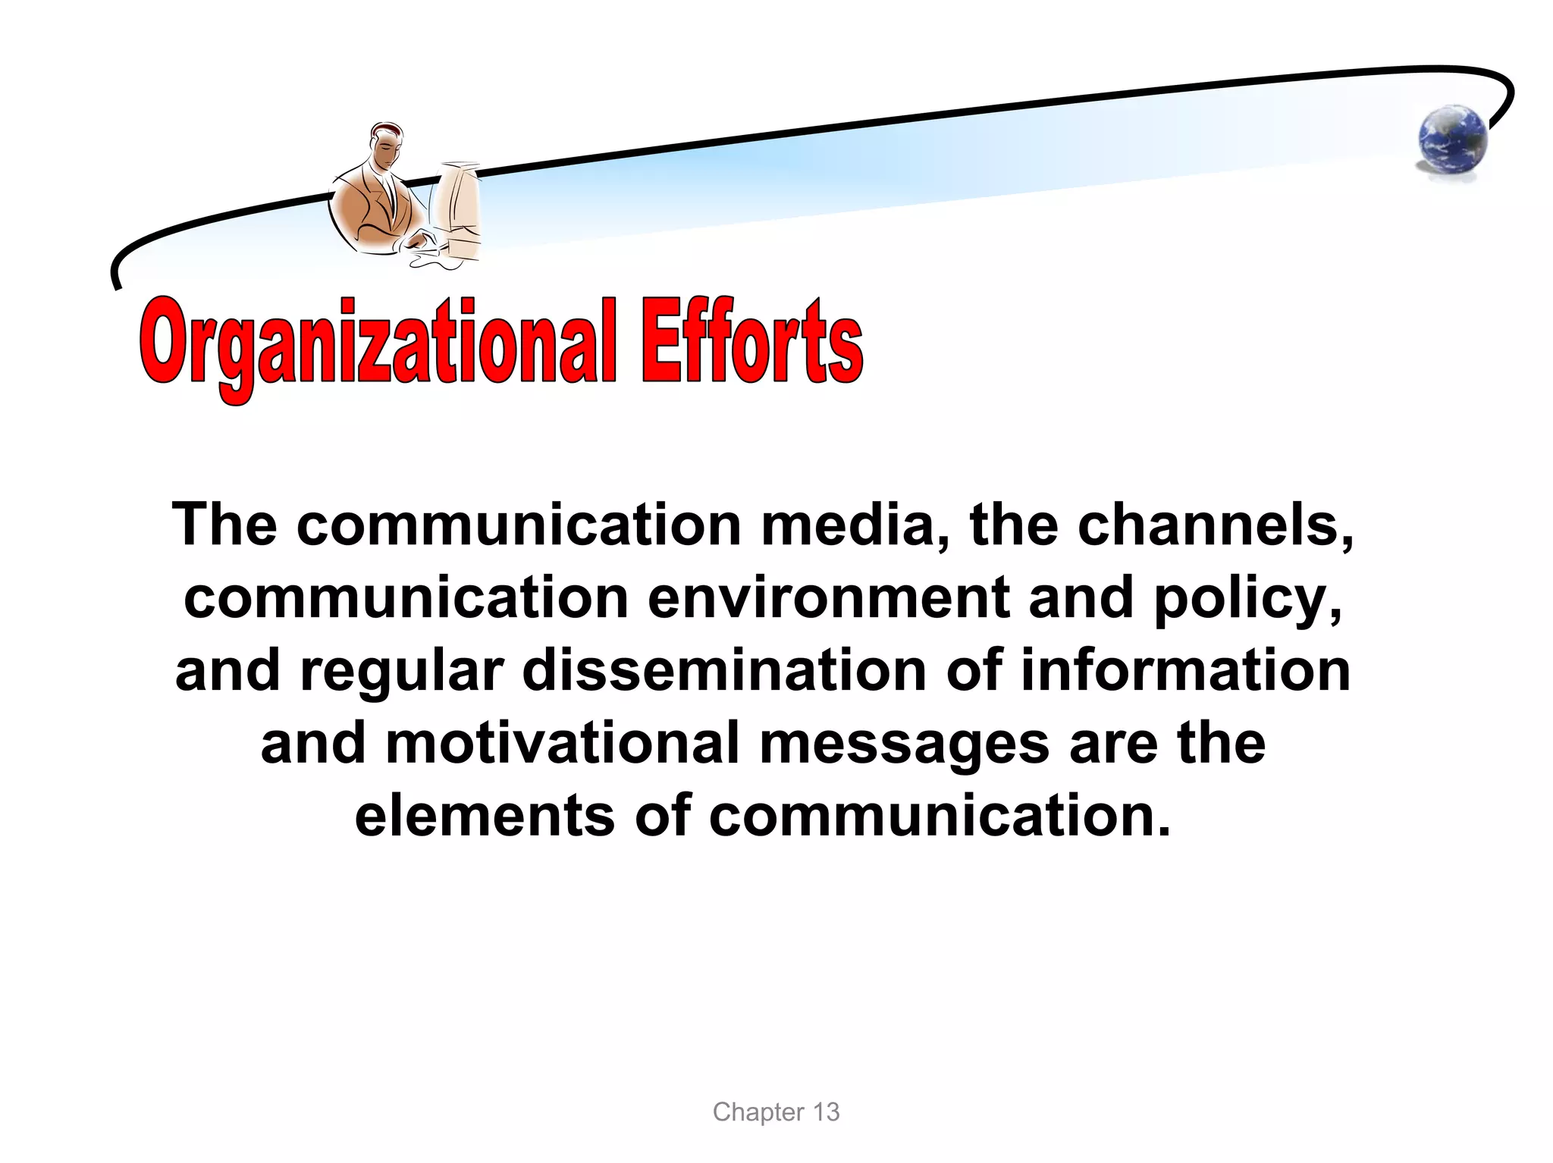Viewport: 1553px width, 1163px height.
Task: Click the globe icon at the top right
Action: [1451, 142]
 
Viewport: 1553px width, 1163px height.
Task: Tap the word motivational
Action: [563, 743]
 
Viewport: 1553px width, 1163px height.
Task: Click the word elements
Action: [485, 817]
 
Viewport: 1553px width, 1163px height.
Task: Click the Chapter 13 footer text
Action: [776, 1112]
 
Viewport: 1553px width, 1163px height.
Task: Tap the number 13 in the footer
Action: [826, 1112]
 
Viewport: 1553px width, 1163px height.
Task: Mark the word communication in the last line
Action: [940, 817]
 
